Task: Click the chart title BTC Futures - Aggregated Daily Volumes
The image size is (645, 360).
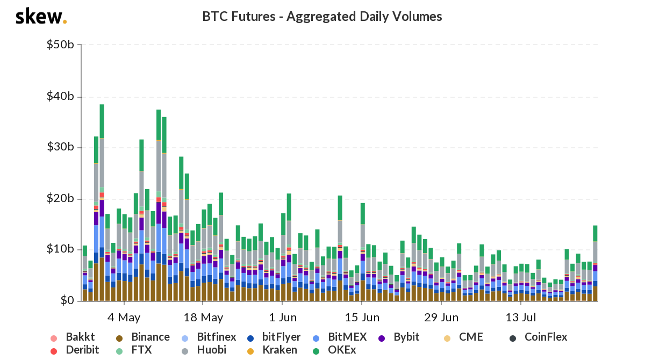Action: (322, 17)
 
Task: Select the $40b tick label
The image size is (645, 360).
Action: (60, 97)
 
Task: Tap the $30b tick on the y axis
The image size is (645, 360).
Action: (60, 148)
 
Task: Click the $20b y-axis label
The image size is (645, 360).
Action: (60, 199)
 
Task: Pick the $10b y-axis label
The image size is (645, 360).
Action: (60, 249)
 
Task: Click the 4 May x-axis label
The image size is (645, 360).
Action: (124, 316)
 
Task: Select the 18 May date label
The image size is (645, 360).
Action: (203, 316)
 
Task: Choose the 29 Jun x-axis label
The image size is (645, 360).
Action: (440, 316)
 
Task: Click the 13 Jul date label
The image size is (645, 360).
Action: (520, 316)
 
